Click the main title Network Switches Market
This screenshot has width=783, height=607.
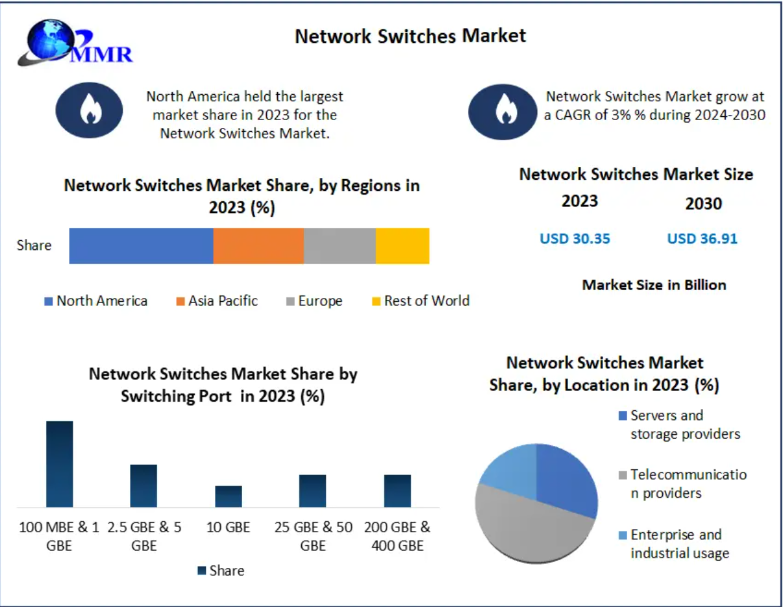coord(410,36)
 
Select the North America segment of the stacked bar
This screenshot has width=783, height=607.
coord(141,246)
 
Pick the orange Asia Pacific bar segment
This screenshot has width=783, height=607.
coord(258,246)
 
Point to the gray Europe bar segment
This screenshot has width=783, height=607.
coord(340,246)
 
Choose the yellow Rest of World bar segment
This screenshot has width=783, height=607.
coord(403,246)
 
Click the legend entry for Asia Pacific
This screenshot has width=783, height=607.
coord(217,301)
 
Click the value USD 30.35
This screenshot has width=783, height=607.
coord(575,239)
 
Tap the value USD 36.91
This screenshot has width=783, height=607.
coord(702,239)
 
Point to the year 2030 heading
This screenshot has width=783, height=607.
coord(704,204)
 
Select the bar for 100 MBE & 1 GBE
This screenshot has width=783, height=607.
coord(60,464)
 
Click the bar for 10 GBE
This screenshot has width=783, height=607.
coord(229,496)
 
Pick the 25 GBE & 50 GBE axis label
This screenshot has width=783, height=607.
coord(313,536)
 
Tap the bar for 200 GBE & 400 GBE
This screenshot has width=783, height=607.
coord(397,491)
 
